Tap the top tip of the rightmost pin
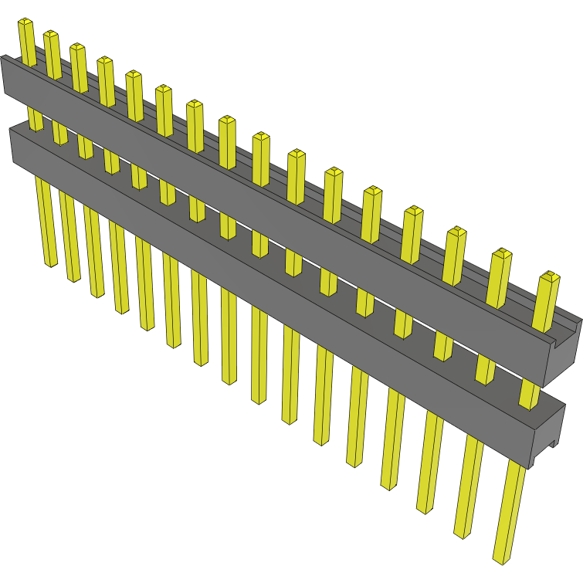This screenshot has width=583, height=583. [x=549, y=276]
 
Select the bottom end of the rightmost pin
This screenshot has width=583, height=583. [x=501, y=557]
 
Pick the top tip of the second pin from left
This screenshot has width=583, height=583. [x=51, y=35]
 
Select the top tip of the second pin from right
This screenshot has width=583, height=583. [x=503, y=253]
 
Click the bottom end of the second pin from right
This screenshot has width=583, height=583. [x=461, y=533]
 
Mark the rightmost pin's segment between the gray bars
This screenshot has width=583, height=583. [x=529, y=393]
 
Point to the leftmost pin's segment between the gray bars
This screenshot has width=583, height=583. [x=35, y=118]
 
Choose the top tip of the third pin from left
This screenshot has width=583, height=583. [x=78, y=48]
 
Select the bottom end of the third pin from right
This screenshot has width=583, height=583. [x=425, y=509]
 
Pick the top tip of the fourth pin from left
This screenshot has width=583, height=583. [x=105, y=61]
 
